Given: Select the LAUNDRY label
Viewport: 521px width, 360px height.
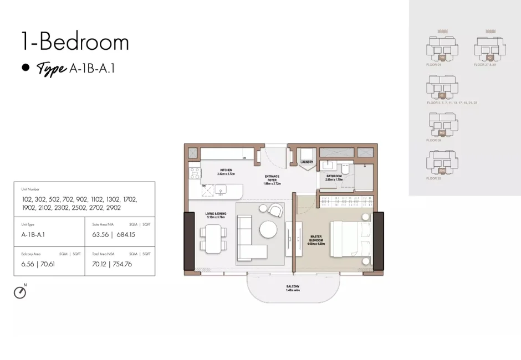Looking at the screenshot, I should coord(307,162).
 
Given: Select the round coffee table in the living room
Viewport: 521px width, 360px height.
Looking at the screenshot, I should coord(268,229).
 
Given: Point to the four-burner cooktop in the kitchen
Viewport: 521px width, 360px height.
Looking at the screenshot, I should coord(194,173).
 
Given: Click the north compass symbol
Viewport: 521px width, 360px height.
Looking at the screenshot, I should coord(20,292).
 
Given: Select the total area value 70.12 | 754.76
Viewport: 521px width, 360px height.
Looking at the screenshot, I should coord(113,264).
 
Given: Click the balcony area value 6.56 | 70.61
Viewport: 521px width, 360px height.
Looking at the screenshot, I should coord(38,264).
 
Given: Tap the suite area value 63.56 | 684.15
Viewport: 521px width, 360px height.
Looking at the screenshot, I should coord(114,234).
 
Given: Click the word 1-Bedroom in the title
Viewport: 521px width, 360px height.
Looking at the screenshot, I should coord(74,42).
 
